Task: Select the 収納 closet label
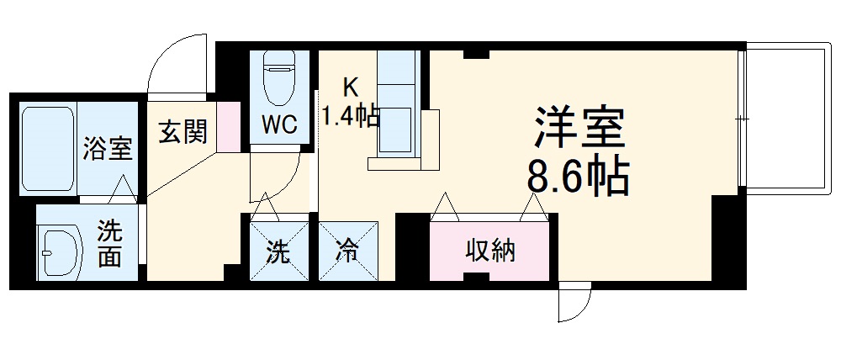(x=491, y=251)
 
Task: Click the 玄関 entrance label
(x=182, y=132)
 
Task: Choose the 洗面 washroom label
(x=109, y=243)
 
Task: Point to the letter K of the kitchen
(x=350, y=86)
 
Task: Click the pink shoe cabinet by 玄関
(x=228, y=127)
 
